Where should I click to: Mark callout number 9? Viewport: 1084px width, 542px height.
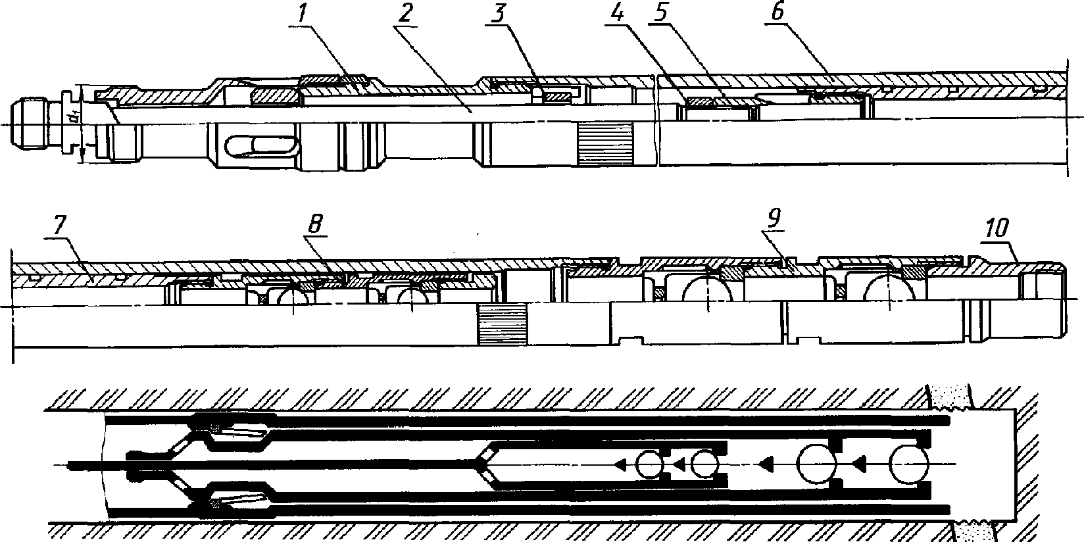(774, 219)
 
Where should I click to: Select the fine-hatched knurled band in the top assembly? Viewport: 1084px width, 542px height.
(605, 143)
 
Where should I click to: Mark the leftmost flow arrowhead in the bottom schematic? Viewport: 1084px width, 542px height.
(619, 465)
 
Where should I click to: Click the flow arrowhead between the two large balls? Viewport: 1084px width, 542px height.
(858, 465)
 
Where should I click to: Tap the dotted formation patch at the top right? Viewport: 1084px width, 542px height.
(951, 397)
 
